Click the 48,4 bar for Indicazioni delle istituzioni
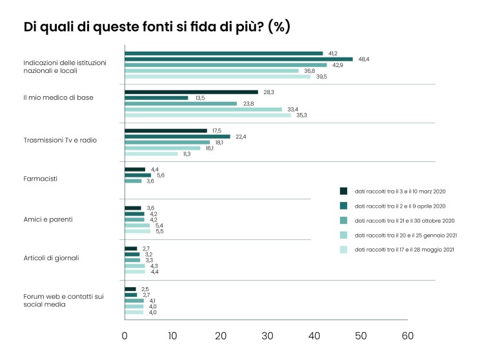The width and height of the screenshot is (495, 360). [x=238, y=59]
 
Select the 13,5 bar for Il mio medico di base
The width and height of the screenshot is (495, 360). [x=156, y=98]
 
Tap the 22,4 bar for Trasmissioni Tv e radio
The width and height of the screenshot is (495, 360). [x=177, y=136]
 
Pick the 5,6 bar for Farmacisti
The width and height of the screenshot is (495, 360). [x=137, y=175]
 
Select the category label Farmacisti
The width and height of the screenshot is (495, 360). [x=41, y=178]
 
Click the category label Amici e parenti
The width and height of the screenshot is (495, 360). [x=48, y=219]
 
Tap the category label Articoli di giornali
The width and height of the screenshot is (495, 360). [x=51, y=258]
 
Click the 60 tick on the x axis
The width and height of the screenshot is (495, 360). [x=407, y=335]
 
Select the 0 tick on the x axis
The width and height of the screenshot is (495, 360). [x=125, y=335]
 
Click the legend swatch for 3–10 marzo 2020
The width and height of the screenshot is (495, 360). [x=343, y=191]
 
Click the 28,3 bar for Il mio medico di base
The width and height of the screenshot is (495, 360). [x=191, y=92]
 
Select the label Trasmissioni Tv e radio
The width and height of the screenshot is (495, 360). [x=60, y=140]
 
